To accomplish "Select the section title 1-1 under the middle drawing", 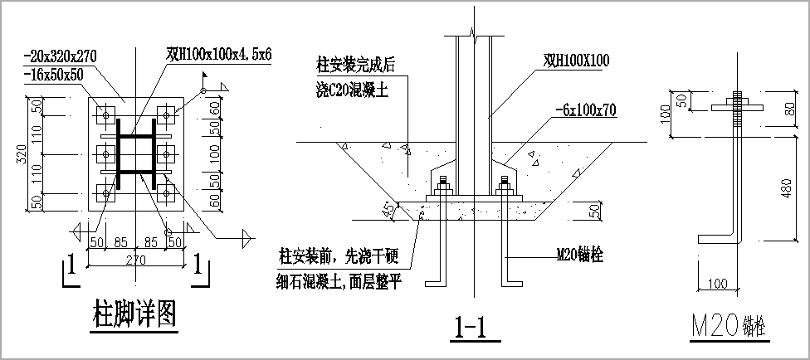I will coord(471,328).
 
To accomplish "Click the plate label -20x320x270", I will coord(61,56).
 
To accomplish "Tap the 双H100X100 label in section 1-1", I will coord(577,61).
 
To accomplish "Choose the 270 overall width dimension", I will coord(137,260).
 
